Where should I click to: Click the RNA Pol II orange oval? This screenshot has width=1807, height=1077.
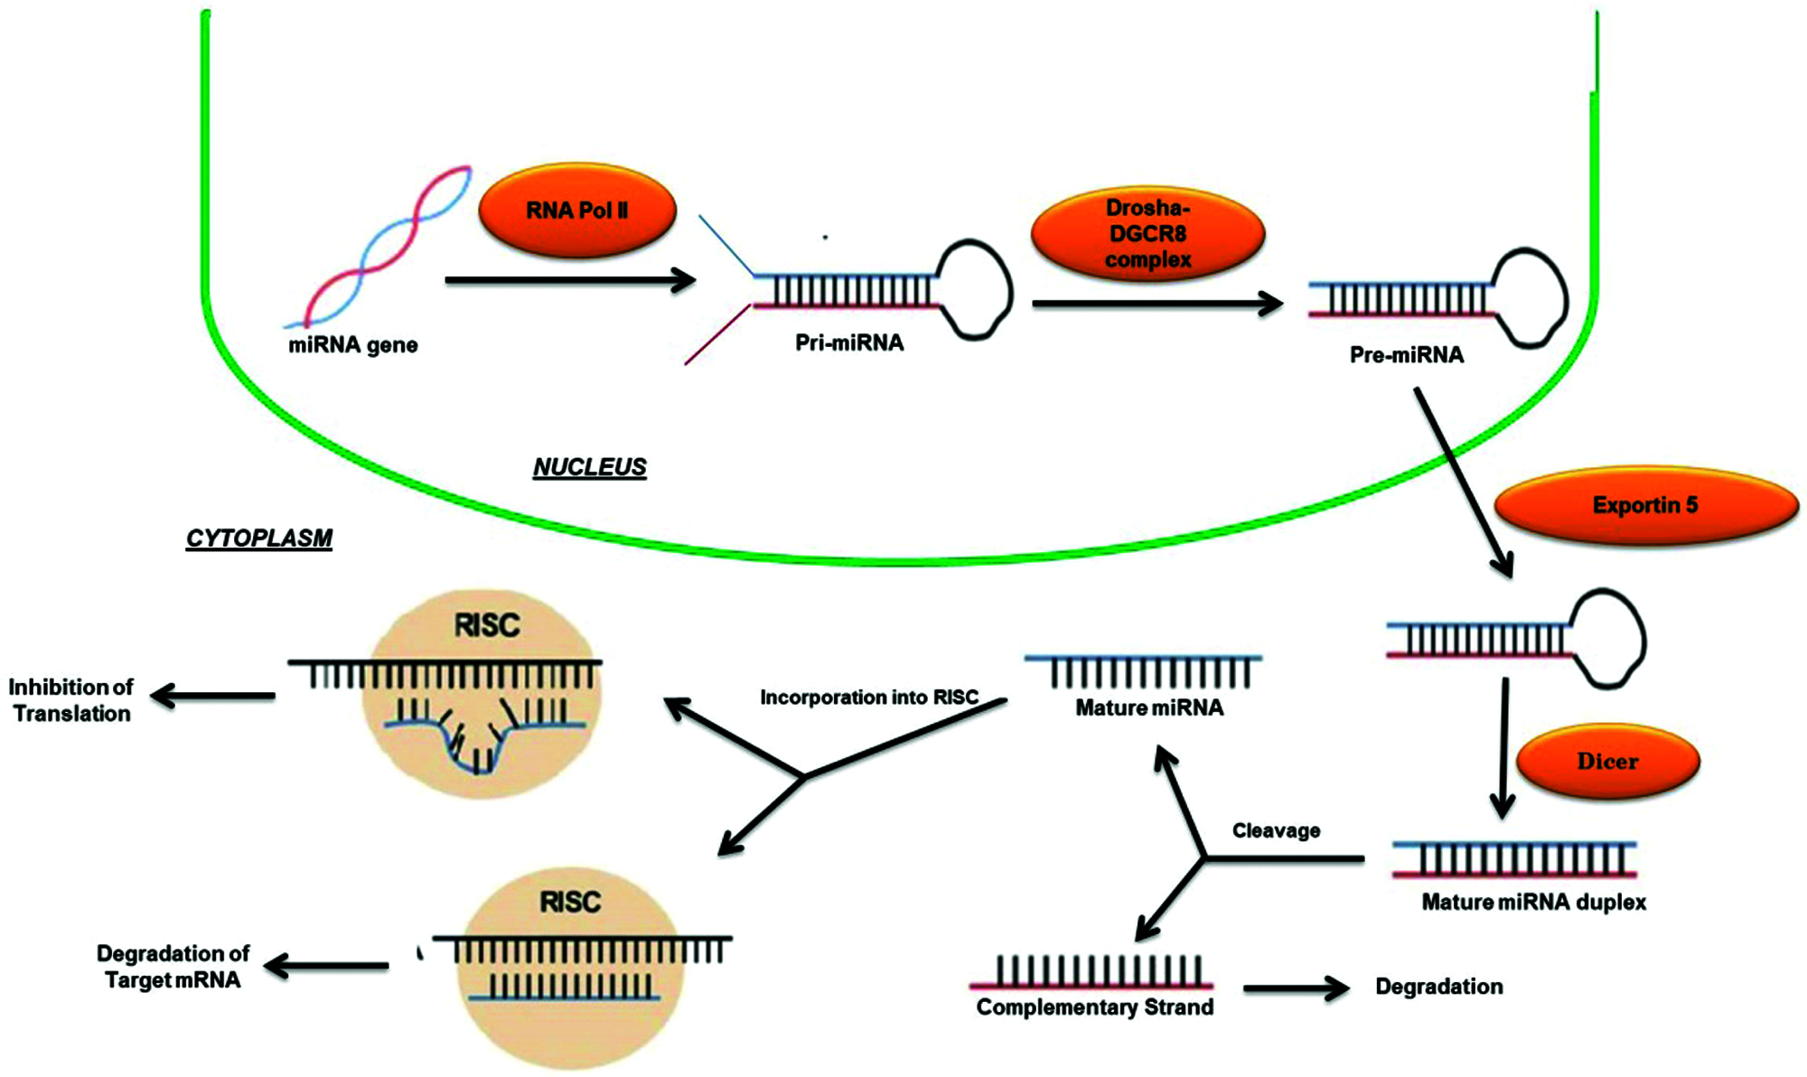pyautogui.click(x=576, y=211)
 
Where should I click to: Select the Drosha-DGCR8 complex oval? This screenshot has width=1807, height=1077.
pyautogui.click(x=1147, y=233)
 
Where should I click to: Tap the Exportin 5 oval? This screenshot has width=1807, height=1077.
pyautogui.click(x=1645, y=505)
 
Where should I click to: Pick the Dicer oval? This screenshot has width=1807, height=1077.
pyautogui.click(x=1607, y=762)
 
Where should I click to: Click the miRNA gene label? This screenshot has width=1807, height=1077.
pyautogui.click(x=352, y=345)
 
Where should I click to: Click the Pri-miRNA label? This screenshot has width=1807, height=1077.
pyautogui.click(x=849, y=343)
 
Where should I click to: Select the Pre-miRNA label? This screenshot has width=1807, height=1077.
pyautogui.click(x=1406, y=355)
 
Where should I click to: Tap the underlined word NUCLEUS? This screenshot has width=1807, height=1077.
pyautogui.click(x=589, y=467)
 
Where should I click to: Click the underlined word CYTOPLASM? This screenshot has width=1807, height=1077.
pyautogui.click(x=259, y=538)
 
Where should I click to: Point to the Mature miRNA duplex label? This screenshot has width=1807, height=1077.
pyautogui.click(x=1533, y=902)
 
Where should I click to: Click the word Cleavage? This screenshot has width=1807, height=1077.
pyautogui.click(x=1276, y=830)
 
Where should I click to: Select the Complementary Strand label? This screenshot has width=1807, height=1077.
pyautogui.click(x=1095, y=1007)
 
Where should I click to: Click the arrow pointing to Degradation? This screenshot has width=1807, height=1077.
pyautogui.click(x=1296, y=988)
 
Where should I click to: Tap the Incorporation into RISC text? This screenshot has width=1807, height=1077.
pyautogui.click(x=869, y=698)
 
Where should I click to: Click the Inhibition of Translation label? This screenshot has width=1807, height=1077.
pyautogui.click(x=71, y=700)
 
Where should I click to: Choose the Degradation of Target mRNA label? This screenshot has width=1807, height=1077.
pyautogui.click(x=173, y=967)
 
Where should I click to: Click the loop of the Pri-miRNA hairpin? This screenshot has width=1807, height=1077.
pyautogui.click(x=975, y=289)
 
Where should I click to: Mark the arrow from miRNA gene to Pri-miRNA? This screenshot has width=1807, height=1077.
pyautogui.click(x=570, y=280)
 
